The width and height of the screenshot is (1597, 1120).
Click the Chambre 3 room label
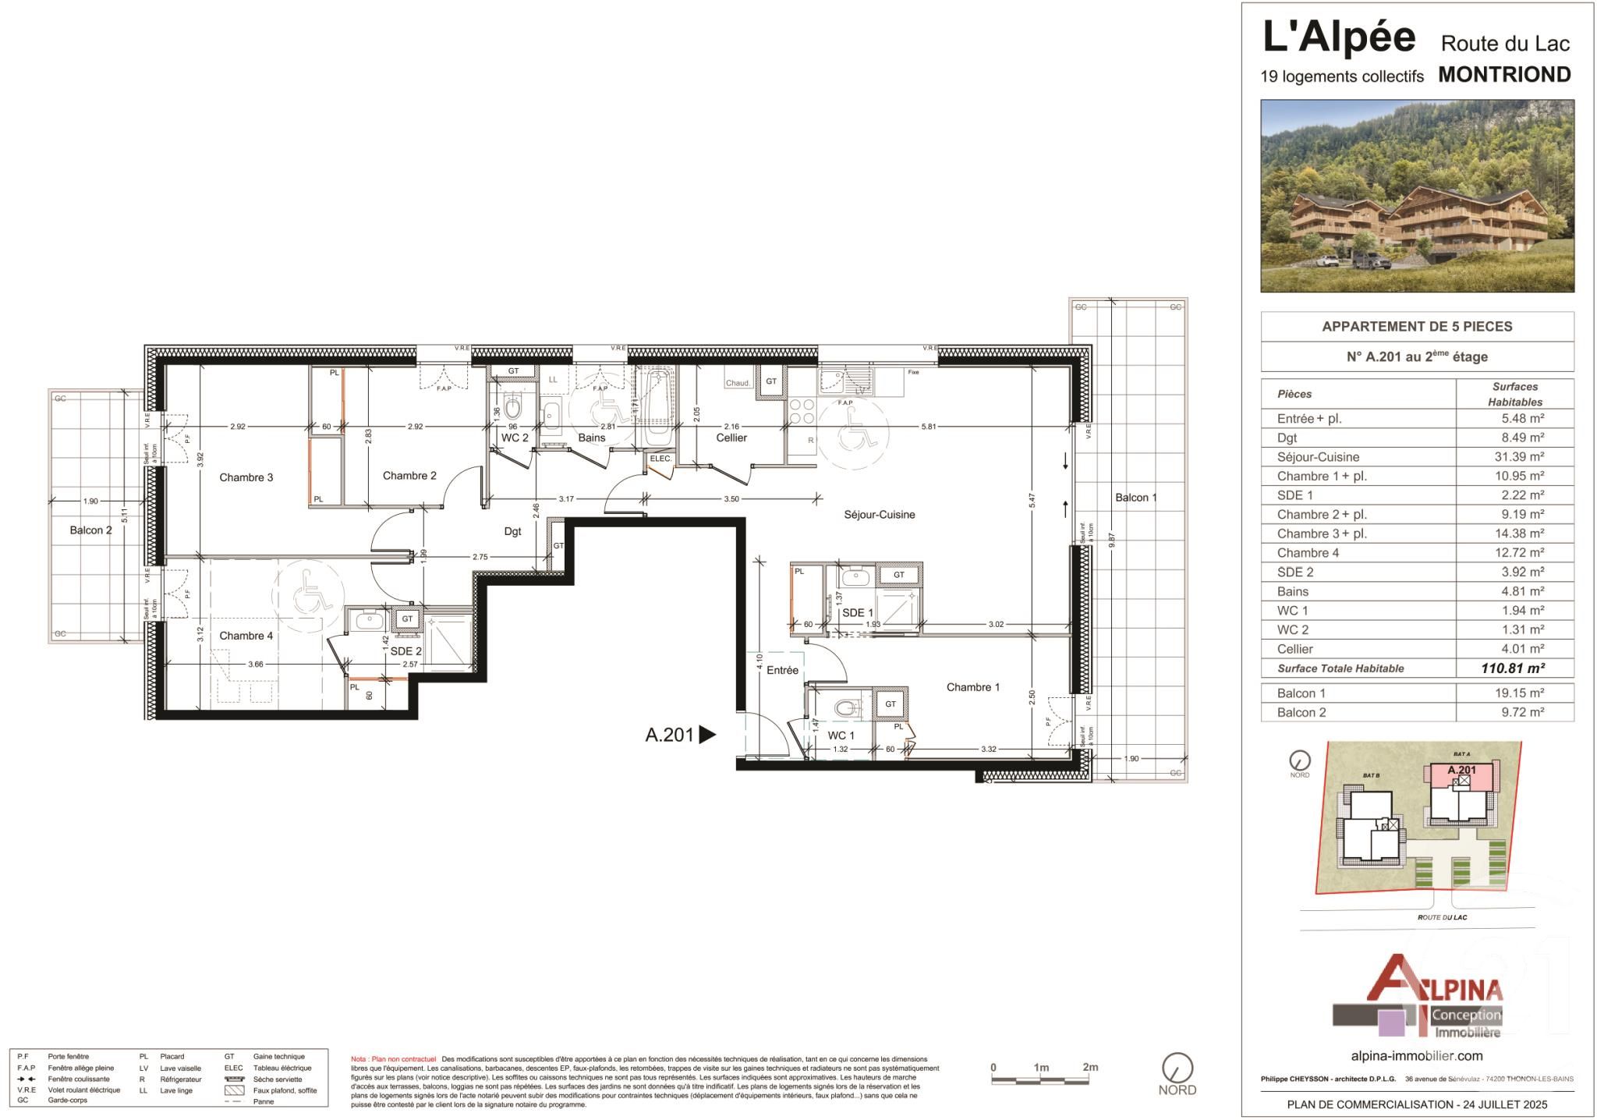tap(246, 477)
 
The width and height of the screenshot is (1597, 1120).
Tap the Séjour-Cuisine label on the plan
tap(879, 515)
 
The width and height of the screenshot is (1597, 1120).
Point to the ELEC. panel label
tap(660, 459)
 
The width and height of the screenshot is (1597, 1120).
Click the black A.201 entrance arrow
tap(706, 735)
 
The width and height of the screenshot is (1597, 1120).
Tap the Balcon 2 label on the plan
tap(90, 530)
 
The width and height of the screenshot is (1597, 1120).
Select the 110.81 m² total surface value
tap(1513, 668)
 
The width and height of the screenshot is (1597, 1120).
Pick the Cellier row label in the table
tap(1294, 649)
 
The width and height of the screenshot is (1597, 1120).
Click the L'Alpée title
tap(1338, 37)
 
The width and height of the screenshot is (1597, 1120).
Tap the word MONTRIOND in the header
tap(1504, 75)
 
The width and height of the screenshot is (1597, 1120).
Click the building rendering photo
tap(1417, 196)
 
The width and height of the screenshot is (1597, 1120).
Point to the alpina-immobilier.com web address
tap(1416, 1056)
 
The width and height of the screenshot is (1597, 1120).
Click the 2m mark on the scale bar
tap(1089, 1068)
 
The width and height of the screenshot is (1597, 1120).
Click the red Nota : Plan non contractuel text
tap(393, 1059)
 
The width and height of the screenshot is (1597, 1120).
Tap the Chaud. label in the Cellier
tap(738, 383)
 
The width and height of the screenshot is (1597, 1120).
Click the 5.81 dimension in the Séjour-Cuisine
tap(928, 427)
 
